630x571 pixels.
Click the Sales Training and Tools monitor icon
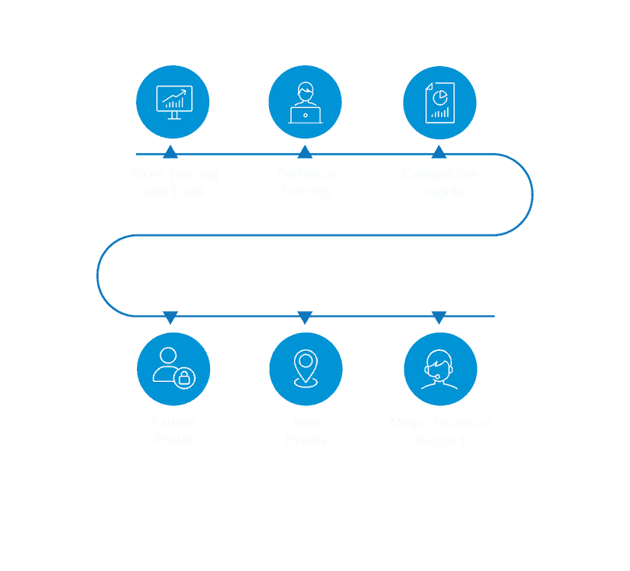click(x=173, y=102)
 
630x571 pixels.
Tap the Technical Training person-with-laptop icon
click(x=306, y=102)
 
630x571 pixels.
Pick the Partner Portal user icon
click(x=173, y=367)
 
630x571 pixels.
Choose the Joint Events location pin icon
click(x=306, y=368)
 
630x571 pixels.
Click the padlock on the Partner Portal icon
click(x=184, y=378)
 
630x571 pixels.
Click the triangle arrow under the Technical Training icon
click(x=305, y=152)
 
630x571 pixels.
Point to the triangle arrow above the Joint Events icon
click(x=305, y=318)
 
